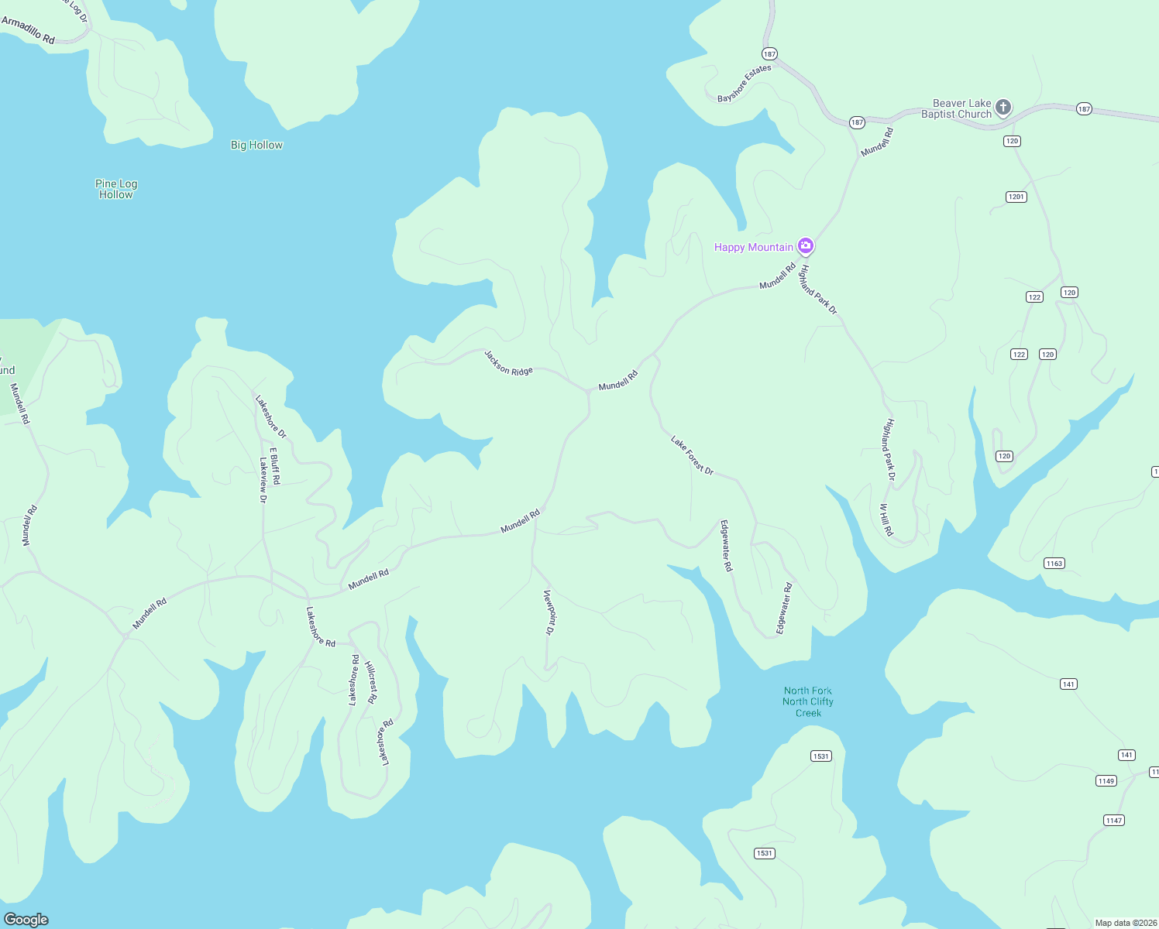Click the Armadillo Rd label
(x=28, y=30)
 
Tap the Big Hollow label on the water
(x=256, y=145)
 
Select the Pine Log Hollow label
(x=116, y=189)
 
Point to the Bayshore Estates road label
(x=744, y=84)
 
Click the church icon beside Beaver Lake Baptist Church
(x=1003, y=107)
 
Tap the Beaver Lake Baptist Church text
(x=958, y=108)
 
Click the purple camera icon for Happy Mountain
(x=806, y=246)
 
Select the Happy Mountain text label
(x=753, y=247)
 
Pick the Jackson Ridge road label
(x=508, y=362)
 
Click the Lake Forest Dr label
(x=692, y=455)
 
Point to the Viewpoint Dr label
(x=549, y=612)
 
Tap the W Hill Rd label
(x=886, y=520)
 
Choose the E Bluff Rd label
(x=274, y=466)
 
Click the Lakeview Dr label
(x=263, y=480)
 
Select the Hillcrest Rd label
(x=371, y=682)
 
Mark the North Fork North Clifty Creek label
(x=808, y=701)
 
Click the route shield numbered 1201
(x=1016, y=197)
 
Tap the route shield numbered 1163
(x=1054, y=563)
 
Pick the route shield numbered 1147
(x=1113, y=820)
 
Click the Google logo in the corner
(x=26, y=919)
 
